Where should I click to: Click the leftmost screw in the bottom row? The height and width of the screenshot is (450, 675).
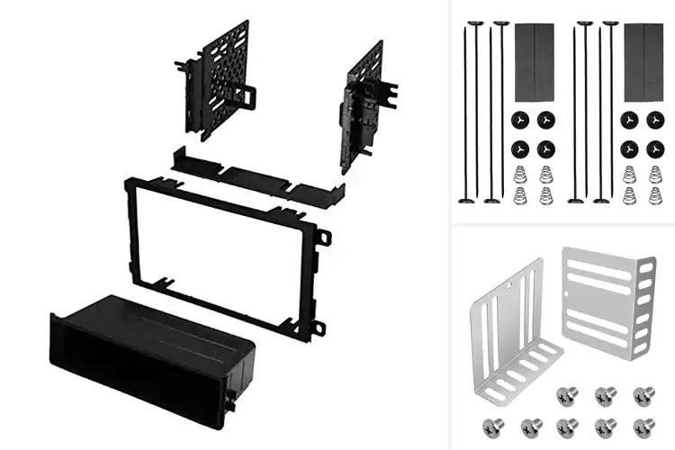click(x=491, y=426)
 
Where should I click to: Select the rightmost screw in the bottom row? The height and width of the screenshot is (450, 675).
click(x=643, y=426)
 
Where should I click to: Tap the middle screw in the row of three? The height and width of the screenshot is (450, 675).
click(x=606, y=395)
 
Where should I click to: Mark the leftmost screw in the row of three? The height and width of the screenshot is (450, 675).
click(x=568, y=395)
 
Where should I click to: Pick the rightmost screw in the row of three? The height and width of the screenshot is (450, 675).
click(x=643, y=395)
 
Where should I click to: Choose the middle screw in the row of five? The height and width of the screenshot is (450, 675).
click(x=568, y=426)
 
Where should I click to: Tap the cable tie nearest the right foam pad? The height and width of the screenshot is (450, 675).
click(x=611, y=108)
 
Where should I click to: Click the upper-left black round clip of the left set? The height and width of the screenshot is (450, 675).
click(x=519, y=120)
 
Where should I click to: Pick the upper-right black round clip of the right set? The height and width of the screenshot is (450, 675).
click(x=653, y=120)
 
